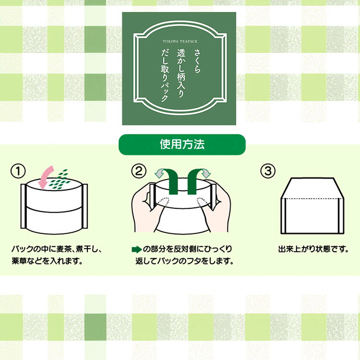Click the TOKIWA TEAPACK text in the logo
(180, 42)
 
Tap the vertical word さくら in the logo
(197, 61)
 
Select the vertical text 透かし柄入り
(181, 73)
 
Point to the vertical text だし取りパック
(165, 75)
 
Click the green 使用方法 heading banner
(182, 144)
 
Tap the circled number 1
(18, 171)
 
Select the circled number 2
(139, 171)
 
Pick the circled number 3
(268, 171)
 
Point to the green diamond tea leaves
(59, 180)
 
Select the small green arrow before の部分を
(137, 249)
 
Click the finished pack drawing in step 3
(312, 206)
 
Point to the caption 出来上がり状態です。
(313, 249)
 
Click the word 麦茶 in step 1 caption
(63, 249)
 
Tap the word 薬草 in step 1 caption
(19, 261)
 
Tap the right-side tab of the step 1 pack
(84, 206)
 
